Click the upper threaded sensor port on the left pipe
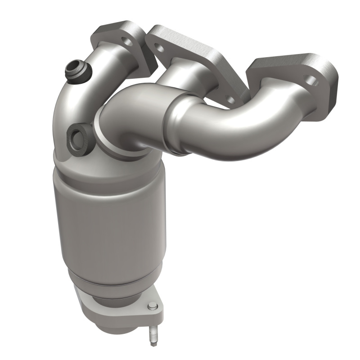click(x=75, y=71)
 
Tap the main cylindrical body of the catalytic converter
click(x=108, y=220)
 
